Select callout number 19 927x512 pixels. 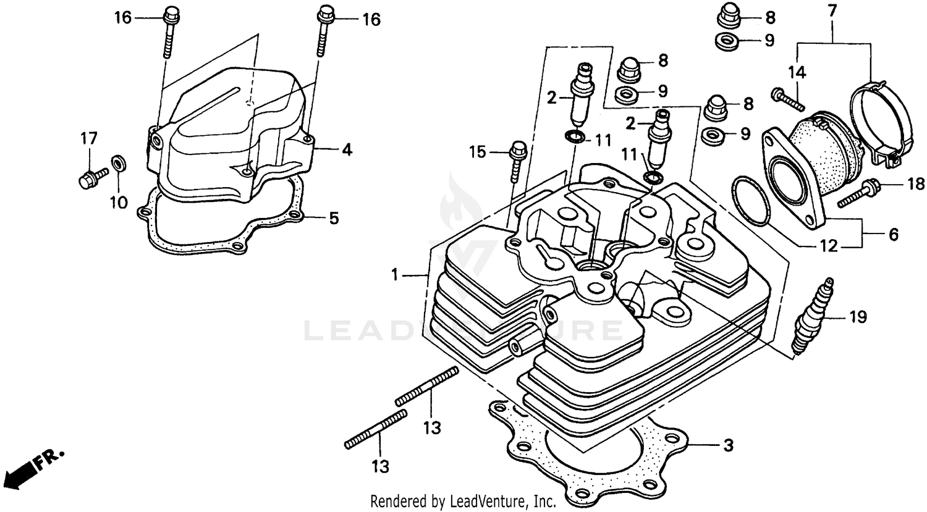click(857, 317)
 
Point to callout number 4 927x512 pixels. click(347, 149)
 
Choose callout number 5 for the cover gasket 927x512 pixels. click(333, 218)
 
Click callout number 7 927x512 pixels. click(832, 10)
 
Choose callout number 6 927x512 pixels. click(894, 235)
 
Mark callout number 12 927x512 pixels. click(828, 246)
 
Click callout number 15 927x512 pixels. click(476, 151)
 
